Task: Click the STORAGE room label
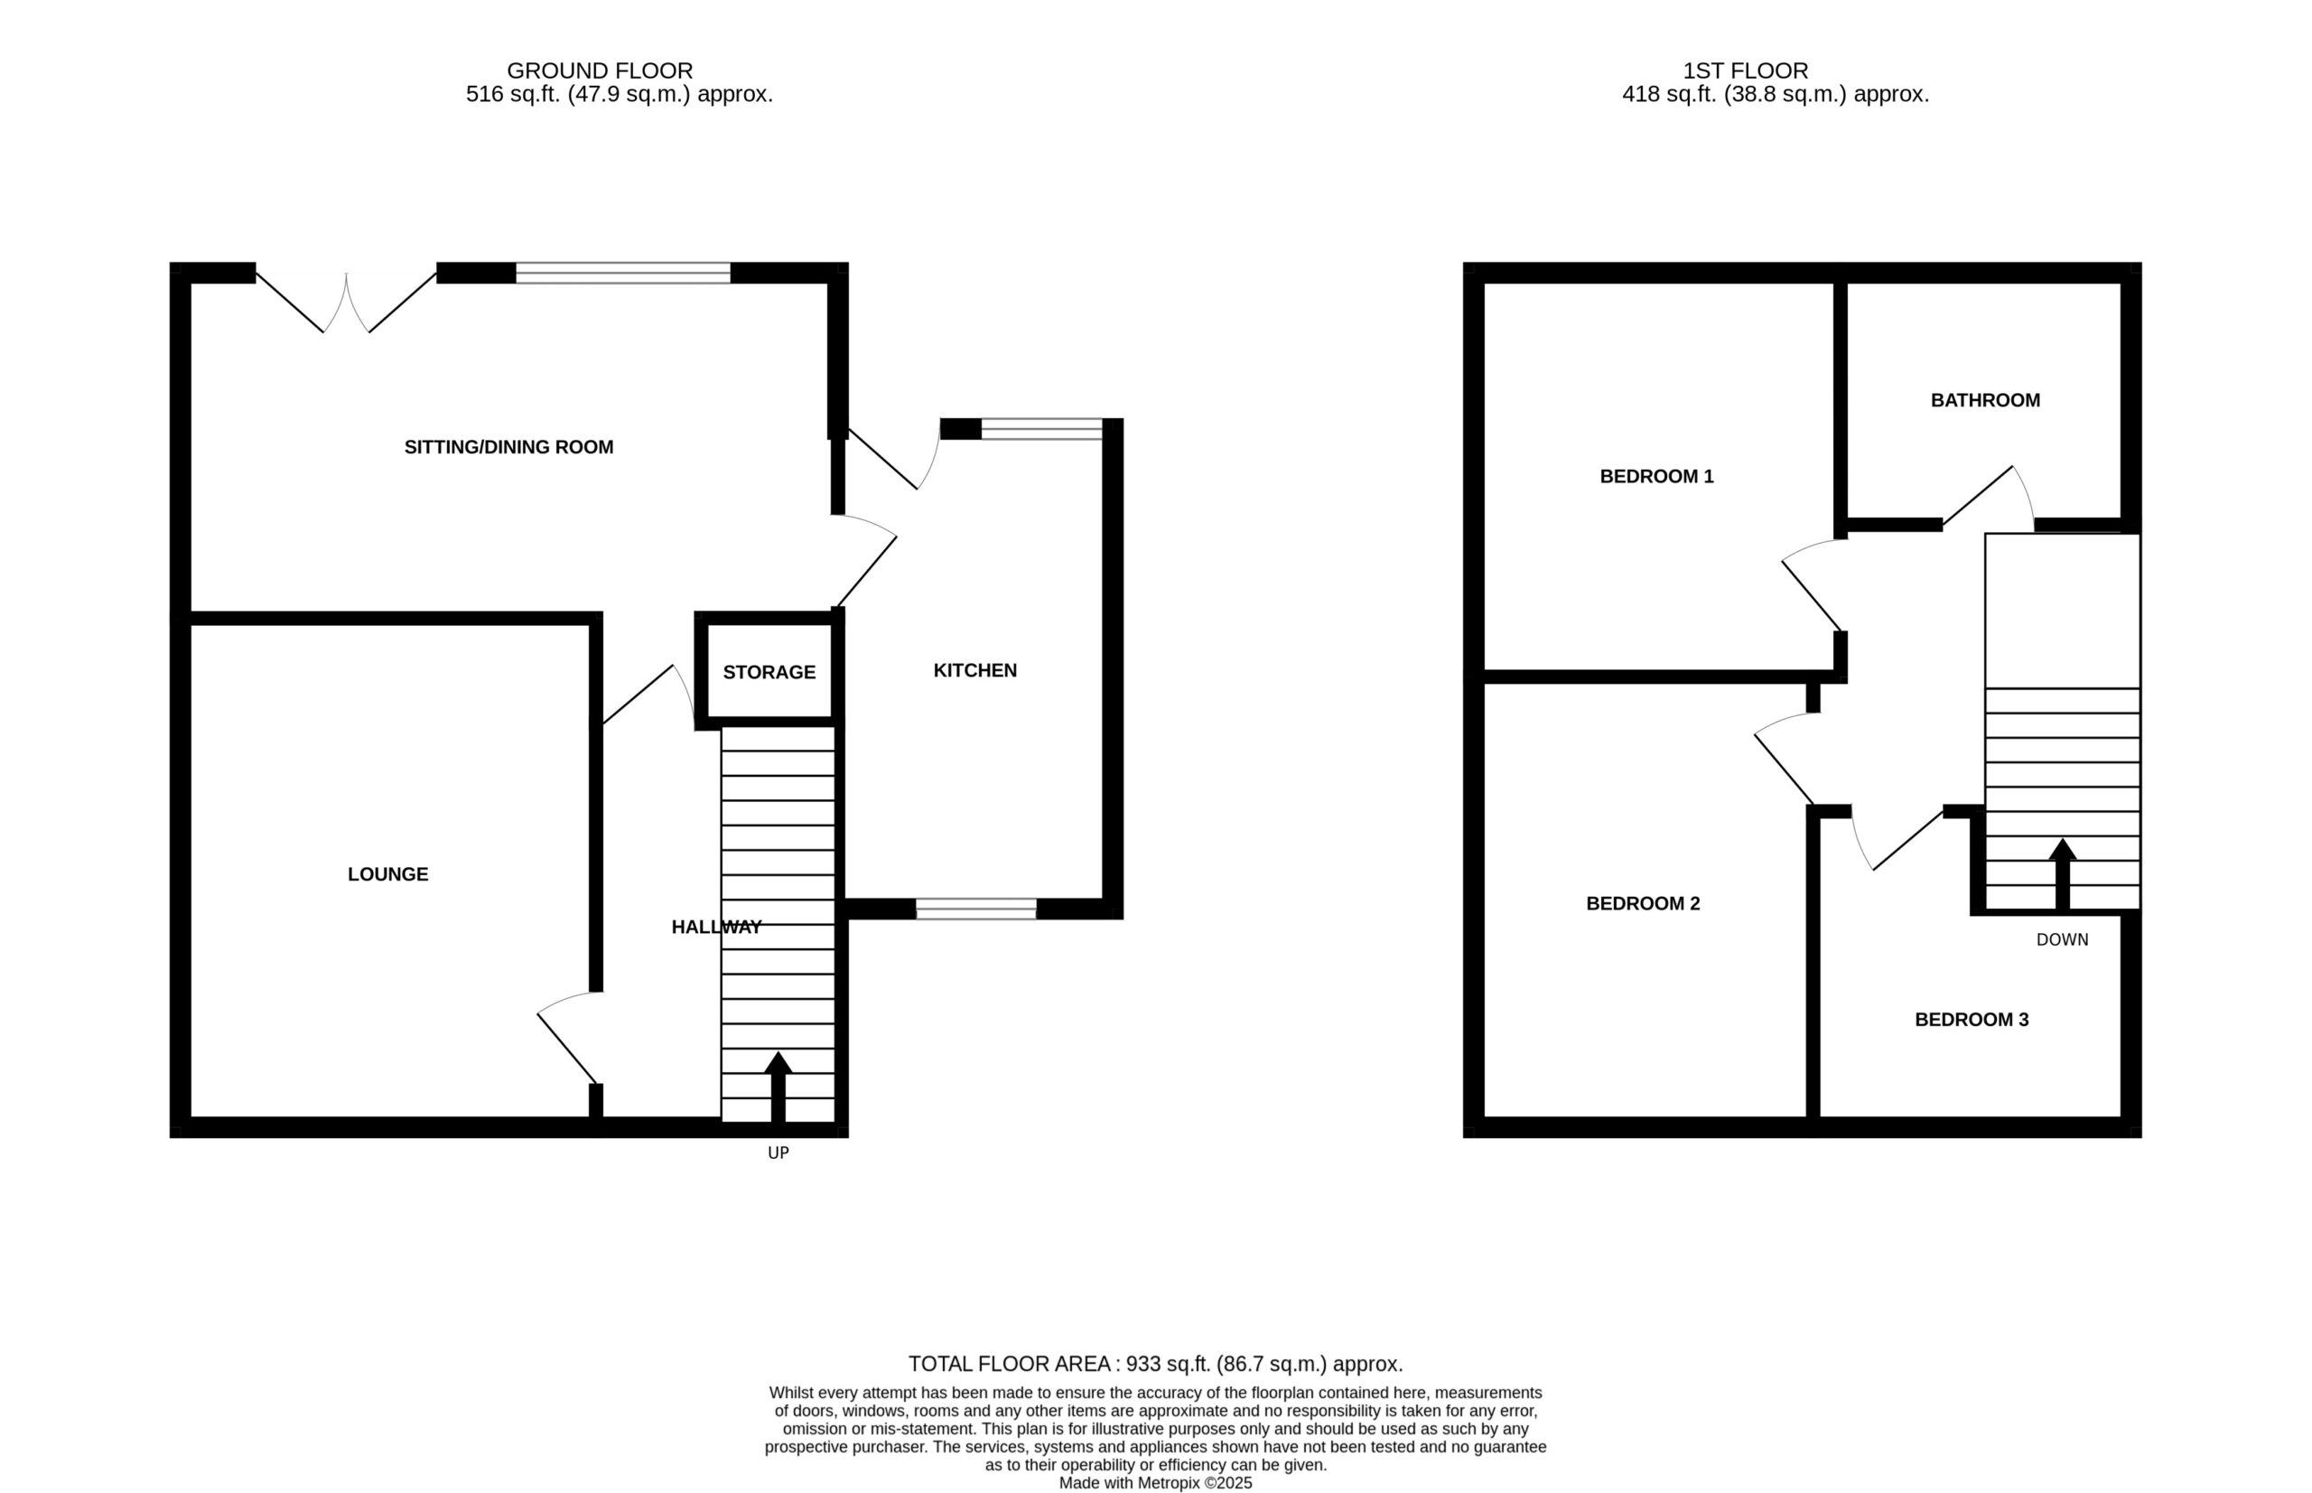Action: tap(769, 672)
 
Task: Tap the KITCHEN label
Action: tap(974, 670)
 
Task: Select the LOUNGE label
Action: tap(387, 873)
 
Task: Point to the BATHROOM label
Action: tap(1984, 400)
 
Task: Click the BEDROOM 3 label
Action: tap(1971, 1019)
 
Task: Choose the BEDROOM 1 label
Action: tap(1655, 476)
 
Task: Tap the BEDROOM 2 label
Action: tap(1642, 902)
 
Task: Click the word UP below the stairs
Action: tap(778, 1152)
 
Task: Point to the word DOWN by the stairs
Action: tap(2062, 939)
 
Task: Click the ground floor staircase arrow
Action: tap(778, 1087)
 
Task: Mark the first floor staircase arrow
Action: tap(2062, 874)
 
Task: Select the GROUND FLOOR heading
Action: tap(599, 70)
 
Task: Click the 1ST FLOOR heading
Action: tap(1745, 70)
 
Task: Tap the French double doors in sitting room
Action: tap(346, 301)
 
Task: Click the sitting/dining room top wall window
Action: tap(622, 273)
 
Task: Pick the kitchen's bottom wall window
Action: tap(976, 909)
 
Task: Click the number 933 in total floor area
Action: tap(1143, 1364)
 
